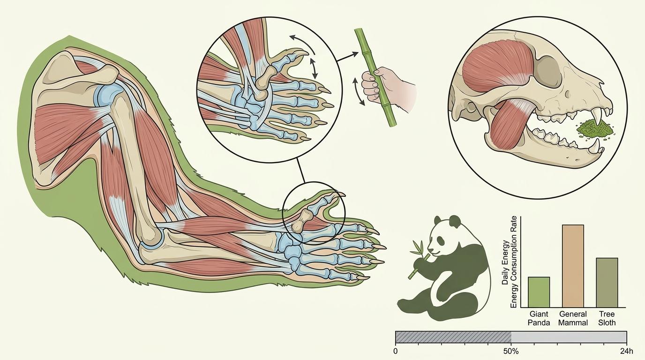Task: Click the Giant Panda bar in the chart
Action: click(539, 292)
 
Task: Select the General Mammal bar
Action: click(573, 266)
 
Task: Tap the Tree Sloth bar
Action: click(607, 283)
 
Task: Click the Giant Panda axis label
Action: click(539, 318)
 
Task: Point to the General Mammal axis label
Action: click(573, 318)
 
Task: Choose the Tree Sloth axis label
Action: click(607, 318)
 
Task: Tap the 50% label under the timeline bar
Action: click(511, 352)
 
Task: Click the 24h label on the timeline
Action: click(626, 352)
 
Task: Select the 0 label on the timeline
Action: click(395, 352)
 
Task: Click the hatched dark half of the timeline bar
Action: click(453, 337)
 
